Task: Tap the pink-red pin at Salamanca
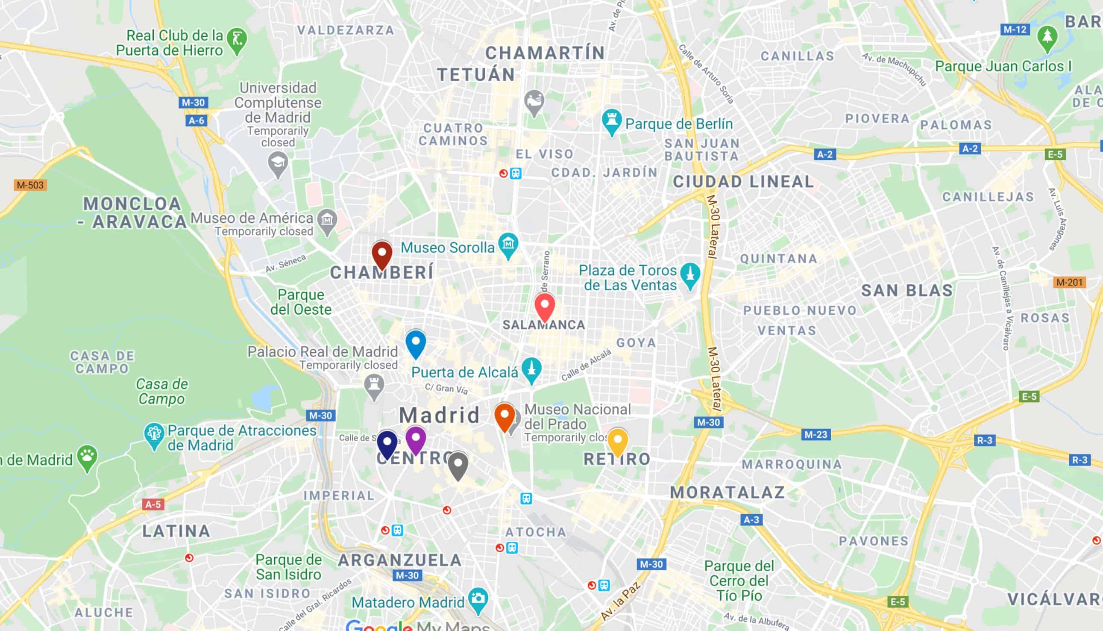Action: (x=545, y=307)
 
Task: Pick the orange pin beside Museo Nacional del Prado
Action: (x=505, y=416)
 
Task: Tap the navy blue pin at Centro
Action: (x=387, y=443)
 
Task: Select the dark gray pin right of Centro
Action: (x=458, y=465)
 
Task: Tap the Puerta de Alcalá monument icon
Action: (x=531, y=369)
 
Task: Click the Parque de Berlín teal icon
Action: (x=611, y=121)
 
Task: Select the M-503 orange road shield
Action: (x=30, y=185)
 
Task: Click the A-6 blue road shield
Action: (x=196, y=121)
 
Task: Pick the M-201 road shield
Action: (x=1069, y=282)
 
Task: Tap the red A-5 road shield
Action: (x=153, y=504)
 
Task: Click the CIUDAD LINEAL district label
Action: (x=743, y=182)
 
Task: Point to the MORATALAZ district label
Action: (x=728, y=492)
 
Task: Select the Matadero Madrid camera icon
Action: (x=478, y=599)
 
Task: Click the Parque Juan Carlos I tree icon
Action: (x=1047, y=38)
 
